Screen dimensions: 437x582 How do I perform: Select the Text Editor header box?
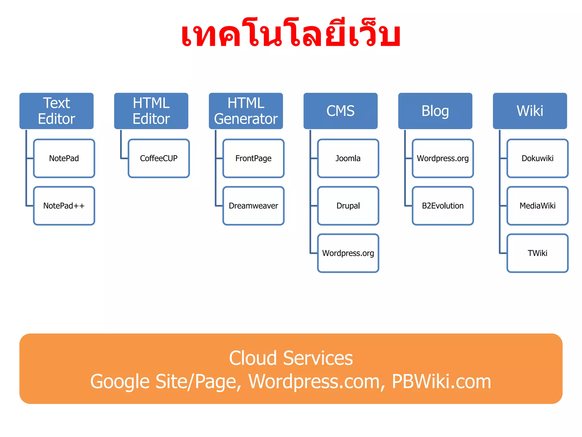[x=56, y=111]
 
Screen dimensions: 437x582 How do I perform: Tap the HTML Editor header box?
[x=151, y=111]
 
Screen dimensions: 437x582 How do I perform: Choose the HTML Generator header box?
[x=246, y=111]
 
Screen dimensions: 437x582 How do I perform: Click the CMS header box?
[x=340, y=111]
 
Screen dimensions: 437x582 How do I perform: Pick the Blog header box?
[x=435, y=111]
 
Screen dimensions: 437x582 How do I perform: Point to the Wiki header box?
[x=530, y=111]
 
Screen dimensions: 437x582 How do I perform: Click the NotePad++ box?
[x=64, y=206]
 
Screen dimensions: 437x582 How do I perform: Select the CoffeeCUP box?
[x=159, y=158]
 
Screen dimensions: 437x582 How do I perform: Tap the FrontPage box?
[x=253, y=158]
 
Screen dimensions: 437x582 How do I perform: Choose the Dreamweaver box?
[x=253, y=206]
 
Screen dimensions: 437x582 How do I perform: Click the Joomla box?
[x=348, y=158]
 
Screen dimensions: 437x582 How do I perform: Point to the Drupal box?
[x=348, y=206]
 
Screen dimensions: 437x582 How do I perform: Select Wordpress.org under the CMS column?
[x=348, y=253]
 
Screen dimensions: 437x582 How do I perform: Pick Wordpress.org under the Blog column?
[x=443, y=158]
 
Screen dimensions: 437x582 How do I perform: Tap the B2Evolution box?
[x=443, y=206]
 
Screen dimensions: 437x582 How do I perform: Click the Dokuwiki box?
[x=537, y=158]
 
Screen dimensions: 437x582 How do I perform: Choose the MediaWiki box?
[x=537, y=206]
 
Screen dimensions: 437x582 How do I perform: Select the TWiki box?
[x=537, y=253]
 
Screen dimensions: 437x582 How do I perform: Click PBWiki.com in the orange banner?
[x=441, y=382]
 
